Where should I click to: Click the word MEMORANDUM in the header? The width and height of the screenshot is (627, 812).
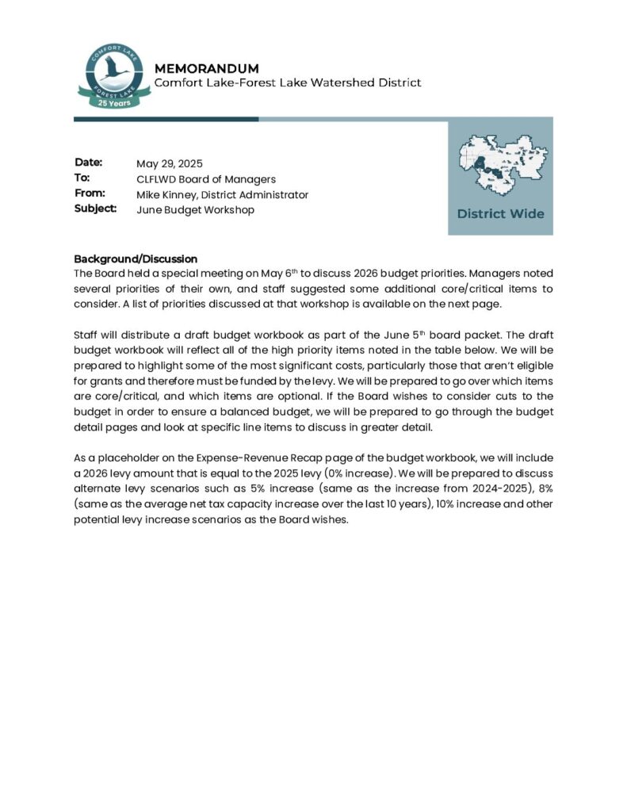(206, 69)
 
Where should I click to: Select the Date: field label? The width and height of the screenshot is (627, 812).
(89, 163)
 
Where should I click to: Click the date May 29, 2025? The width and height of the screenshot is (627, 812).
(170, 164)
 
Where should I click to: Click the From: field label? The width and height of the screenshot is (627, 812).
(90, 193)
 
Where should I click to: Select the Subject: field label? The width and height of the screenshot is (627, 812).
(95, 208)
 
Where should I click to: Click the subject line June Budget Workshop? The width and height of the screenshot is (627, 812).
(195, 209)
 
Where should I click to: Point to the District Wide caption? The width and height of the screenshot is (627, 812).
(500, 213)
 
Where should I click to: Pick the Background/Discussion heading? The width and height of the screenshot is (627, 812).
(135, 259)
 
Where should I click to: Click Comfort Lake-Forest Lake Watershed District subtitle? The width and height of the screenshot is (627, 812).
(287, 82)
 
